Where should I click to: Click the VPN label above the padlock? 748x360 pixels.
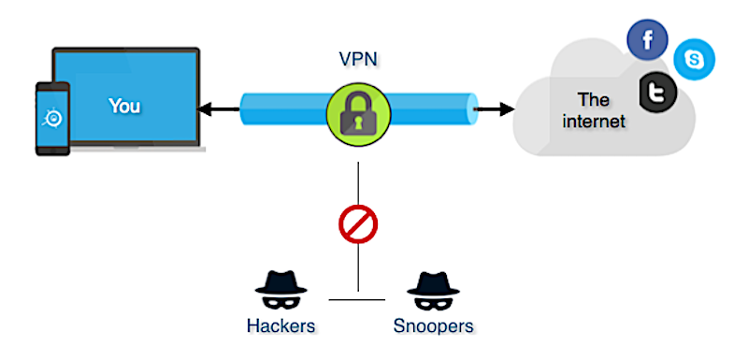[358, 59]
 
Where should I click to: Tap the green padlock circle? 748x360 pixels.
[359, 114]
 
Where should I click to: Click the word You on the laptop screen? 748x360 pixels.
[124, 106]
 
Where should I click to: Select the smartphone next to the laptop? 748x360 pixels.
[52, 119]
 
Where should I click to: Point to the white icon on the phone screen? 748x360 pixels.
[52, 118]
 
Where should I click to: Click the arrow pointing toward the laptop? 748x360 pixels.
[218, 110]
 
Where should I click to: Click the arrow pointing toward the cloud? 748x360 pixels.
[495, 109]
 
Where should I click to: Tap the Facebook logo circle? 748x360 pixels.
[647, 40]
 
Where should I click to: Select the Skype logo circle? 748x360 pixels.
[694, 60]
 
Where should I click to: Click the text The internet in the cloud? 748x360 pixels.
[594, 110]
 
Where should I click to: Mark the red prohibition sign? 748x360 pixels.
[358, 224]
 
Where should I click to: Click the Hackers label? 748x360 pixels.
[281, 326]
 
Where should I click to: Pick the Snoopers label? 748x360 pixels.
[433, 326]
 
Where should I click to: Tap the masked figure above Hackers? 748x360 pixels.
[280, 291]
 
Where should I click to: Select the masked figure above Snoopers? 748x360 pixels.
[433, 291]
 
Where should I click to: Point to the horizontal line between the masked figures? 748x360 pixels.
[357, 300]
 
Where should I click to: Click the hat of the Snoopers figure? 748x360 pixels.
[433, 282]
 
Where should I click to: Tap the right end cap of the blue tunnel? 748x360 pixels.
[471, 109]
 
